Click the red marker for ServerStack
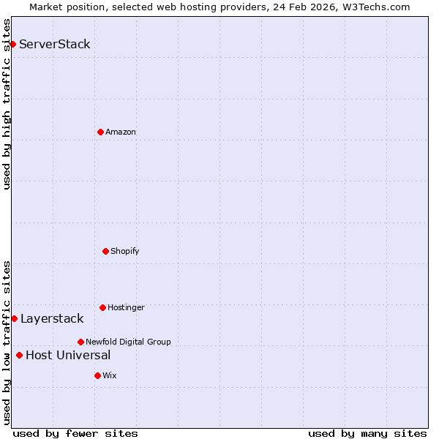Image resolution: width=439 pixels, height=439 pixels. (12, 44)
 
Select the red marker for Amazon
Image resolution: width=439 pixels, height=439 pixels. (100, 132)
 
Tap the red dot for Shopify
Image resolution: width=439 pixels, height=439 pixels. (105, 251)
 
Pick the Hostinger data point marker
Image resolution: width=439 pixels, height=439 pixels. (102, 307)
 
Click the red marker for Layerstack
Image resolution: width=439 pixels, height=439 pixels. (14, 318)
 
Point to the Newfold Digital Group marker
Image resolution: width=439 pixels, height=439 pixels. (80, 342)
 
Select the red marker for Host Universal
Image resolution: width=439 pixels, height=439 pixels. (19, 356)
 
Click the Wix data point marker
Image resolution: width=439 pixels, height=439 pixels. (97, 375)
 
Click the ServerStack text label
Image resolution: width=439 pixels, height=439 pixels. (55, 44)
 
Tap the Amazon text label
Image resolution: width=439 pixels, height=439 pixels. (121, 132)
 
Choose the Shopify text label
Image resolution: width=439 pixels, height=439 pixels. (125, 251)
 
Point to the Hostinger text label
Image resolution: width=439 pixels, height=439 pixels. (126, 307)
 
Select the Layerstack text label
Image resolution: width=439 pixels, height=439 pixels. (52, 318)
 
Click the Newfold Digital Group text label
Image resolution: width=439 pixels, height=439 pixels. (128, 342)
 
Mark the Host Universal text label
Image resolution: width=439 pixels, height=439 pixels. (68, 356)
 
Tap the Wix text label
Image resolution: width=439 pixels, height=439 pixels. (109, 375)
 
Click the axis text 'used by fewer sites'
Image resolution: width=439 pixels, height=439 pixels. (75, 433)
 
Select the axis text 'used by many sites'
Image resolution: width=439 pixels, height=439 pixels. (367, 433)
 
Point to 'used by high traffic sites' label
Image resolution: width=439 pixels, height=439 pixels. (7, 104)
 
